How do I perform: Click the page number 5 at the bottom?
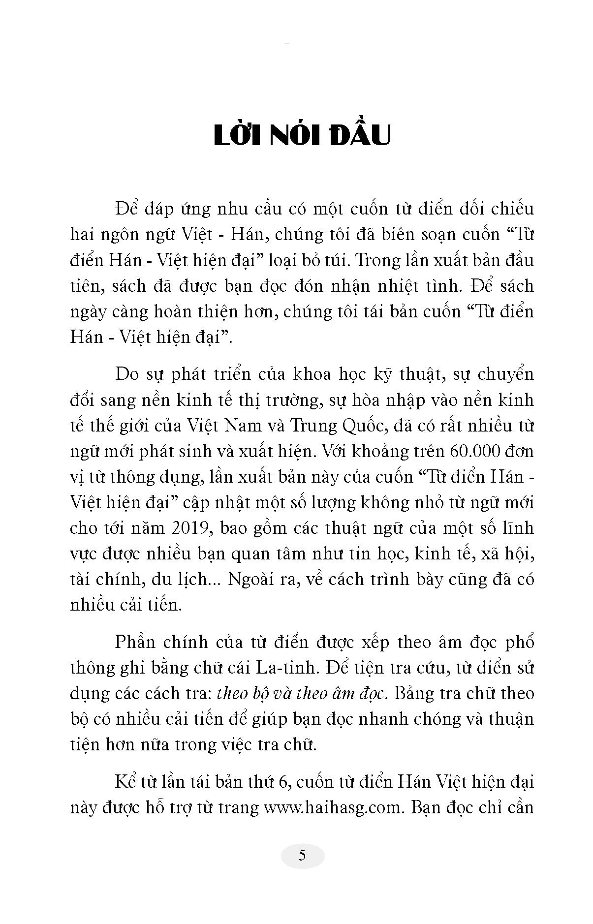302,855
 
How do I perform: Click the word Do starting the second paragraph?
127,374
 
